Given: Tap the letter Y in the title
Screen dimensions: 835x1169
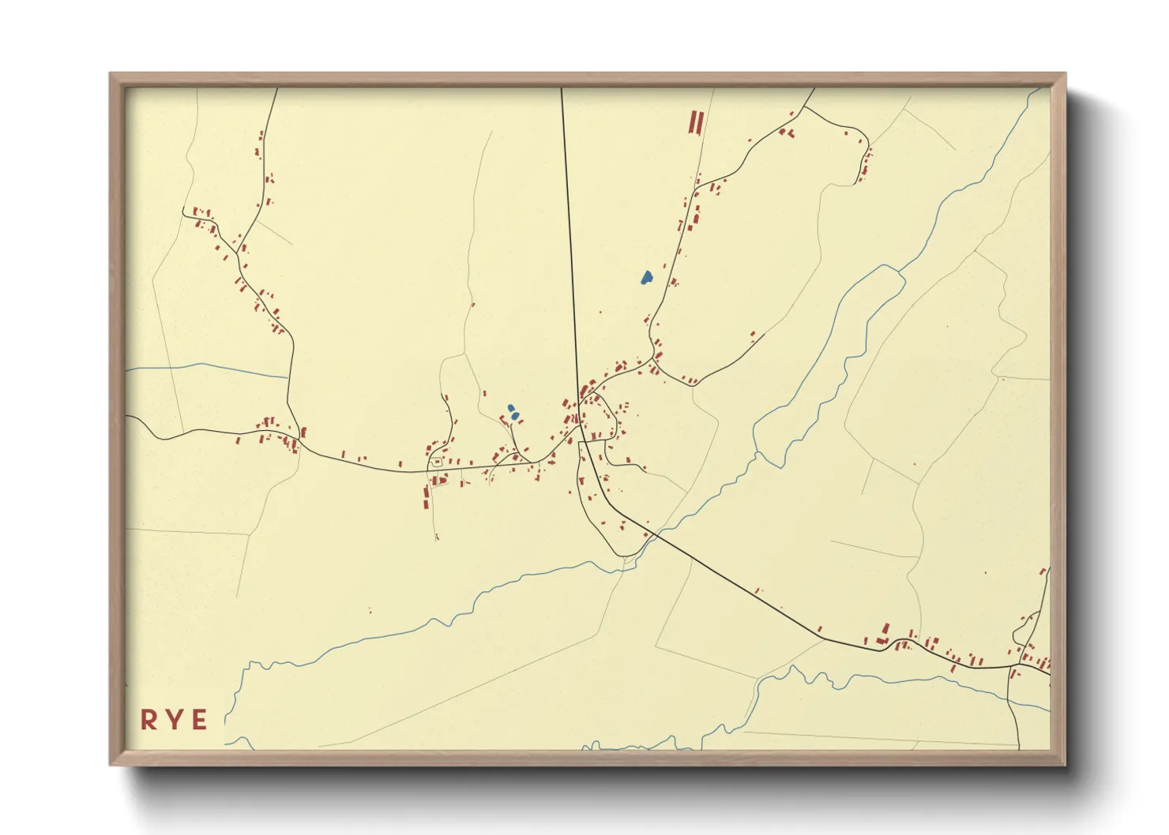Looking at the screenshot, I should pos(174,720).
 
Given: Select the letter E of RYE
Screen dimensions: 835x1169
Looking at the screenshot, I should pos(199,720).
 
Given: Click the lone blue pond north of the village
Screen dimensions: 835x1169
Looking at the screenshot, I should pos(646,277).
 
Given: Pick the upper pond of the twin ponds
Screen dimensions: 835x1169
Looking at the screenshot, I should pos(511,408).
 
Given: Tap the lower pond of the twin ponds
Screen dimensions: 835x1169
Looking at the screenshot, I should pos(515,415).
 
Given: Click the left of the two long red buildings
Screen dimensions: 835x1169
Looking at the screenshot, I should pos(693,122).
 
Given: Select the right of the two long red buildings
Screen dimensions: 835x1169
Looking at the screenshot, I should pos(700,122).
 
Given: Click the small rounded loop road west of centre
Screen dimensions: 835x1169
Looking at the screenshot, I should pos(436,462).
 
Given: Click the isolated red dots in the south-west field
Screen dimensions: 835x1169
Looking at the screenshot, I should pos(369,610).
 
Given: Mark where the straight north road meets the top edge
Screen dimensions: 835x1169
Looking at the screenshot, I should pos(562,88).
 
